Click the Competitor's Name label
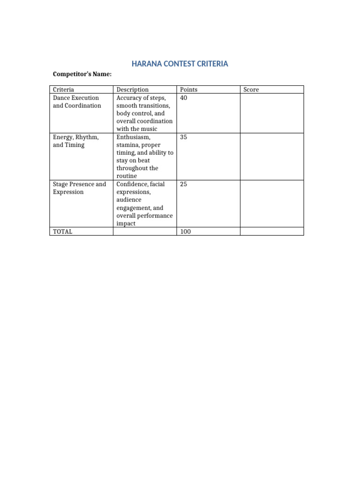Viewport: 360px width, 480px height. [82, 74]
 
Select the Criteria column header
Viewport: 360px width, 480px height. [63, 90]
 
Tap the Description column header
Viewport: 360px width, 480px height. [132, 90]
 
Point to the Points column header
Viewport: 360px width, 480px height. [188, 90]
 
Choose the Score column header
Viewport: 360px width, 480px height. [251, 90]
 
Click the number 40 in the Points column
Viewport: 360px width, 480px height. [184, 97]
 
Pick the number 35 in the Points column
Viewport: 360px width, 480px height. [184, 137]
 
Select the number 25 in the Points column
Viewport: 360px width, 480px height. [184, 184]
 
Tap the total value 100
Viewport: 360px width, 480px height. [186, 232]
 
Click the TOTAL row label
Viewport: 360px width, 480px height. [62, 232]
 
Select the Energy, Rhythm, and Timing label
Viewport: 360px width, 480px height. [75, 141]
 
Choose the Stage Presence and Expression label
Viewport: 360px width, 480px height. [79, 188]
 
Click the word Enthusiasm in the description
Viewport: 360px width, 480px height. [134, 137]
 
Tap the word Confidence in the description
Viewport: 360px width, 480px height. [134, 184]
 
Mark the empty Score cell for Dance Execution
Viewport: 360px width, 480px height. [271, 113]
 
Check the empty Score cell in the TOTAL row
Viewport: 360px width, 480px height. [271, 232]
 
